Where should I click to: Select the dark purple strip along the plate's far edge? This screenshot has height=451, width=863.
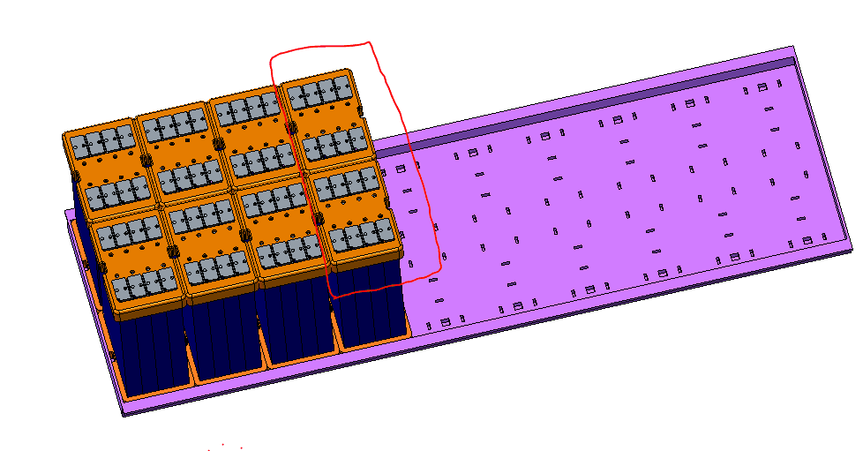(618, 98)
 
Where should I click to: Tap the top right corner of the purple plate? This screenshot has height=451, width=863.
(793, 47)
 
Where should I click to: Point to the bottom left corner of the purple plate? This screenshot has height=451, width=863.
(123, 414)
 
